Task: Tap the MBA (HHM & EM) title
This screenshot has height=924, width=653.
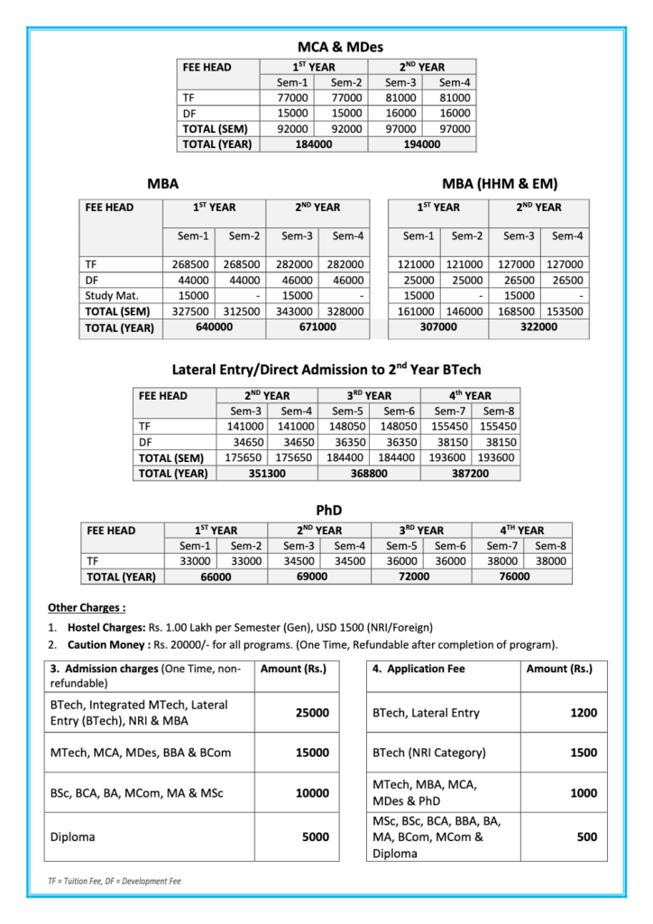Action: pos(500,184)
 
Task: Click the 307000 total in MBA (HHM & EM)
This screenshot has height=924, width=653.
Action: pos(439,327)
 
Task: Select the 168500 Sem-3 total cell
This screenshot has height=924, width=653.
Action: pos(516,310)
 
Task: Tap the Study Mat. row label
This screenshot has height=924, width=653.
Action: pos(109,295)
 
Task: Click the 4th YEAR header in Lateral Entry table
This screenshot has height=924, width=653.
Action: pos(470,395)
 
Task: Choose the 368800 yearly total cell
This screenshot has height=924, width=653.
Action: pos(369,473)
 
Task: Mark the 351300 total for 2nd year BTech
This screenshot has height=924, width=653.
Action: pos(266,473)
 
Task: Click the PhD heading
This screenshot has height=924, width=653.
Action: pos(327,511)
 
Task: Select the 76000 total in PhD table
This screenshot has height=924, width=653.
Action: pos(514,577)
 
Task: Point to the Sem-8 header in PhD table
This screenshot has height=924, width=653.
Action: pos(550,545)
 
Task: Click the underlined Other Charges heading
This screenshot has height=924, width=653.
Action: pos(87,607)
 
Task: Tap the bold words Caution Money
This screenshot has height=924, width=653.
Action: pos(104,644)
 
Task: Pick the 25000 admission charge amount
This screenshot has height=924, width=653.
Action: pos(312,713)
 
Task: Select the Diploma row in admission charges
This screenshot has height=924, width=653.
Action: pos(73,836)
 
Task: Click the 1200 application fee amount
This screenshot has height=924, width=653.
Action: pos(584,713)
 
